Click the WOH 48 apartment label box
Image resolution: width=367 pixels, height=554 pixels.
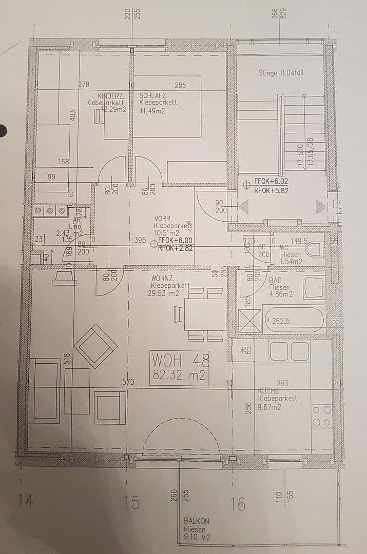click(x=180, y=367)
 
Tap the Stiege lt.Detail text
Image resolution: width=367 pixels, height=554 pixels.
click(x=281, y=73)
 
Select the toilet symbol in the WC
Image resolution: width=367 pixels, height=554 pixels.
click(x=314, y=251)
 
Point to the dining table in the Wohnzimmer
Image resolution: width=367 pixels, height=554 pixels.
click(x=205, y=314)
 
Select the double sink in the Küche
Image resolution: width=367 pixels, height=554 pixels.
click(x=289, y=351)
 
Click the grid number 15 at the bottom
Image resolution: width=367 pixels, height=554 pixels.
click(x=132, y=502)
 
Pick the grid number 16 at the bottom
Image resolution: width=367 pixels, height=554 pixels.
click(x=238, y=504)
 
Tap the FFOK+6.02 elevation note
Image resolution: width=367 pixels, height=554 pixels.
click(x=272, y=182)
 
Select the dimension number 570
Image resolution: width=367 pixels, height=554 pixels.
click(x=128, y=382)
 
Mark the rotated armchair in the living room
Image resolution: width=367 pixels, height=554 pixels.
click(x=95, y=346)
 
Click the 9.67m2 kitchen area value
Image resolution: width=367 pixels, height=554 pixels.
click(x=269, y=407)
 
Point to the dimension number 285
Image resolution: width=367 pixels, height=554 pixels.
click(x=180, y=85)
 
